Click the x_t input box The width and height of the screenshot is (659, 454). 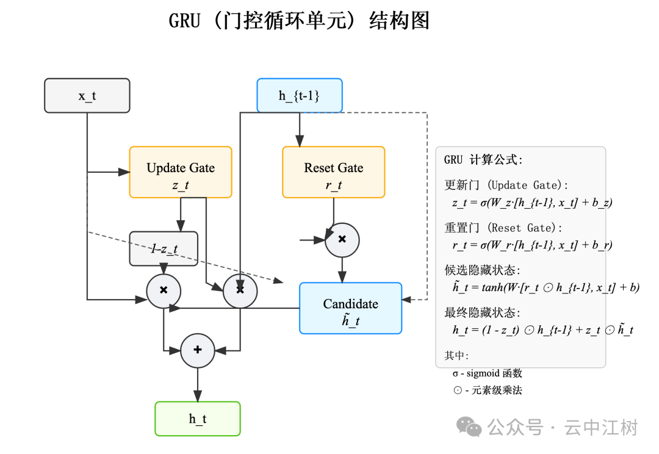pyautogui.click(x=87, y=96)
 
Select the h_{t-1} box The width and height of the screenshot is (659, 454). pyautogui.click(x=300, y=96)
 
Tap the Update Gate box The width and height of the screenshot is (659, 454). pyautogui.click(x=181, y=172)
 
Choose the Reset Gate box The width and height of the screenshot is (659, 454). pyautogui.click(x=333, y=172)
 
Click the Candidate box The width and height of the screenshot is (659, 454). pyautogui.click(x=350, y=308)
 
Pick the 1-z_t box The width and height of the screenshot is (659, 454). pyautogui.click(x=164, y=248)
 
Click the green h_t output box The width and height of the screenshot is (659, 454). pyautogui.click(x=198, y=419)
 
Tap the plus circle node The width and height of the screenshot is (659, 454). pyautogui.click(x=198, y=350)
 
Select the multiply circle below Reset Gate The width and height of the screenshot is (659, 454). pyautogui.click(x=342, y=240)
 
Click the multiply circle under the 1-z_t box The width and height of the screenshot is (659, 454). pyautogui.click(x=164, y=290)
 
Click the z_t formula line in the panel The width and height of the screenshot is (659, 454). pyautogui.click(x=531, y=203)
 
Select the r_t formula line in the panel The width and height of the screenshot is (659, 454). pyautogui.click(x=531, y=245)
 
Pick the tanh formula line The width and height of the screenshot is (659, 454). pyautogui.click(x=546, y=287)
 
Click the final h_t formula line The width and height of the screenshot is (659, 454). pyautogui.click(x=542, y=330)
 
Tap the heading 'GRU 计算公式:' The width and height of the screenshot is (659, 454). pyautogui.click(x=483, y=160)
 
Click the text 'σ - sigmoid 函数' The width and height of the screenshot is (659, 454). pyautogui.click(x=487, y=373)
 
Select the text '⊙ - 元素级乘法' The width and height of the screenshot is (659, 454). pyautogui.click(x=487, y=391)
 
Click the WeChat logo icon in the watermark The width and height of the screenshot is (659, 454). pyautogui.click(x=470, y=427)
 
